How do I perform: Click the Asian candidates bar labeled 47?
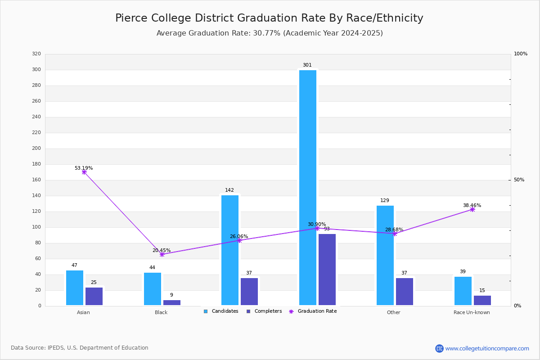75,288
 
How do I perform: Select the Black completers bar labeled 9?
172,302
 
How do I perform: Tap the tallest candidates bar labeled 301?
308,188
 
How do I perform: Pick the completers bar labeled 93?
327,270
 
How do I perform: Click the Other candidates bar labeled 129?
385,255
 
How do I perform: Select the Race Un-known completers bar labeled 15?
482,301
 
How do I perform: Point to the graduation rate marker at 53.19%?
84,172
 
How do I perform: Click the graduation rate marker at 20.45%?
162,254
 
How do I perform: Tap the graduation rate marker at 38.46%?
472,209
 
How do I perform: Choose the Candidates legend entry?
221,311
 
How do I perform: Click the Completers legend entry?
264,311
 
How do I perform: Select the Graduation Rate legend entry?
313,311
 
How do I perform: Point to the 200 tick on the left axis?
36,148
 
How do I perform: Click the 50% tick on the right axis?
519,180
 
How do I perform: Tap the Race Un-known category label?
472,312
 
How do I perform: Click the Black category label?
161,312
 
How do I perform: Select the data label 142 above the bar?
229,190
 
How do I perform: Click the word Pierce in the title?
131,18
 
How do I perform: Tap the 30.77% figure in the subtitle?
266,33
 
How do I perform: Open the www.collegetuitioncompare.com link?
487,348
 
